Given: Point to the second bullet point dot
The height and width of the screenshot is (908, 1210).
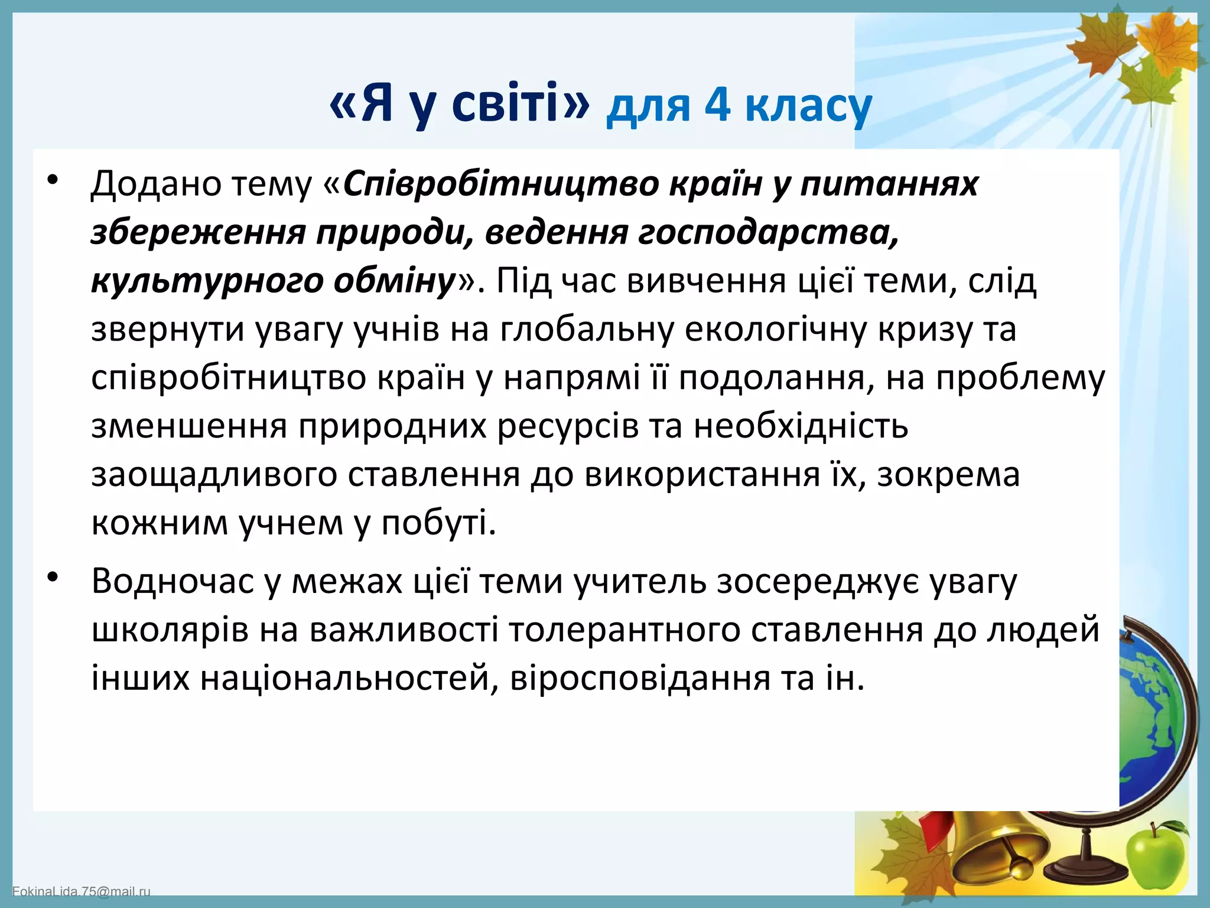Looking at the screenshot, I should pos(53,578).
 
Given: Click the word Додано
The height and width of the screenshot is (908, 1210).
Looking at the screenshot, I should pos(155,184).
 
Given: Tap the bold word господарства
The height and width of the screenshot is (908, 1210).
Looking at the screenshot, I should pos(768,232).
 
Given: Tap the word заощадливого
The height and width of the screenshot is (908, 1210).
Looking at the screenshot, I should pos(214,475).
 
